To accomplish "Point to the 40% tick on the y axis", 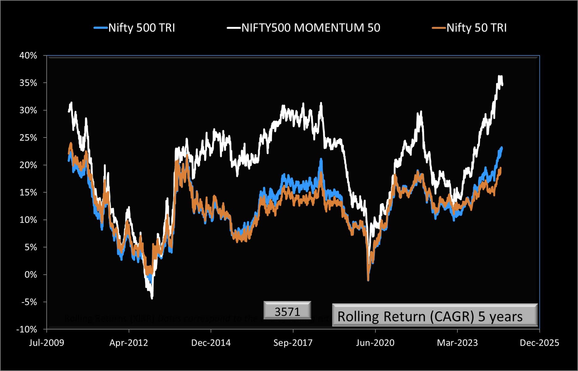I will (28, 56).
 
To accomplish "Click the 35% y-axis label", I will (28, 83).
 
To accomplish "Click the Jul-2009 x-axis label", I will (47, 343).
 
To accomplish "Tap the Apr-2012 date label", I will (129, 343).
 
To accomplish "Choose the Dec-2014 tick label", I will (211, 343).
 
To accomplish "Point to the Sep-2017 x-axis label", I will (293, 343).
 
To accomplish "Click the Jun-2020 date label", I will (375, 343).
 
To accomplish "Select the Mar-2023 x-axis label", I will (457, 343).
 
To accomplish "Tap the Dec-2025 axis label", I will (539, 343).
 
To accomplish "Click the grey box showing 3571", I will (287, 311).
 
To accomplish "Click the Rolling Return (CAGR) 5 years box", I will (435, 316).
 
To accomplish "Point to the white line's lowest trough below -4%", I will (152, 298).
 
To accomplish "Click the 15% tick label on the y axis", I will (28, 193).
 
